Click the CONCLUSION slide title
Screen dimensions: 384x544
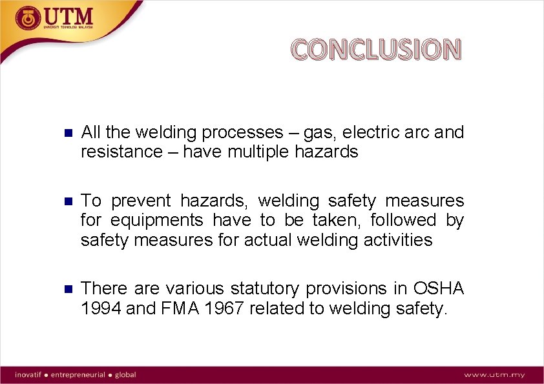point(375,50)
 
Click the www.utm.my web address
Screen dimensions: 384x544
point(494,375)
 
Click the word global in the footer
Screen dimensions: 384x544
point(126,374)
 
